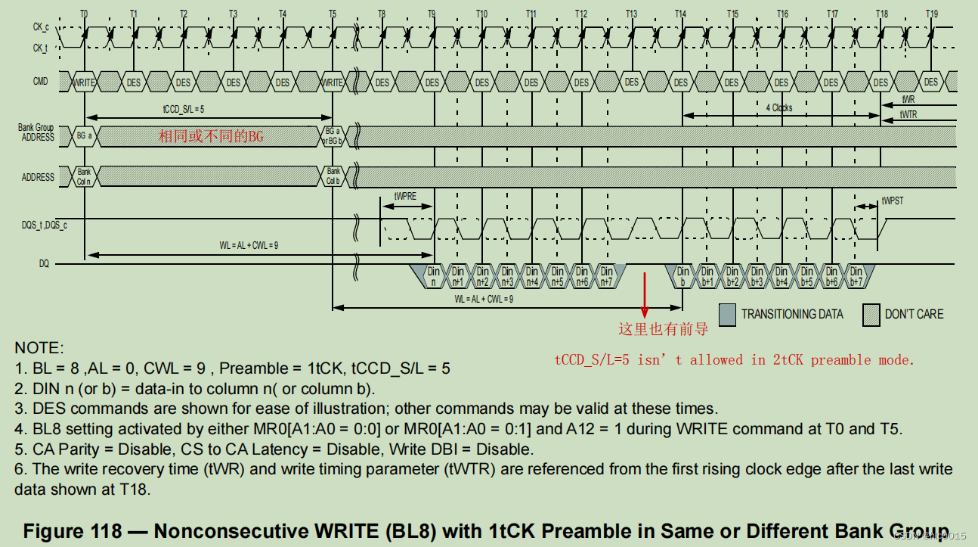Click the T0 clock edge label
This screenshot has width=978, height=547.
(x=83, y=14)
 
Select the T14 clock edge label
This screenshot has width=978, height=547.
(x=681, y=14)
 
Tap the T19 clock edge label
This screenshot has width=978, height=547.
(x=932, y=14)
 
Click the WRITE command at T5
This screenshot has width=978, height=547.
(x=333, y=82)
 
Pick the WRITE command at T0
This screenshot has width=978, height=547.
(x=84, y=82)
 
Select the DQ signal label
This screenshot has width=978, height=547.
(x=45, y=265)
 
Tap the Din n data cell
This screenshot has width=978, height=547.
(x=433, y=276)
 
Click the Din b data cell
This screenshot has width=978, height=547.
(x=682, y=276)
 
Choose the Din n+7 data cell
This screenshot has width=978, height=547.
(x=606, y=276)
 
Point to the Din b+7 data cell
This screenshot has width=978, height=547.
(x=856, y=276)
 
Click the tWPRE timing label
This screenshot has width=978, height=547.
(x=404, y=195)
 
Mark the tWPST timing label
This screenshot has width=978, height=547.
(x=893, y=201)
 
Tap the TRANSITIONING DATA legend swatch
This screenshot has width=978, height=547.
(x=727, y=314)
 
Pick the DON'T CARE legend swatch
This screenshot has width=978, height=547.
(x=871, y=314)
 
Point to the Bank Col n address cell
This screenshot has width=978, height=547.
(x=84, y=176)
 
